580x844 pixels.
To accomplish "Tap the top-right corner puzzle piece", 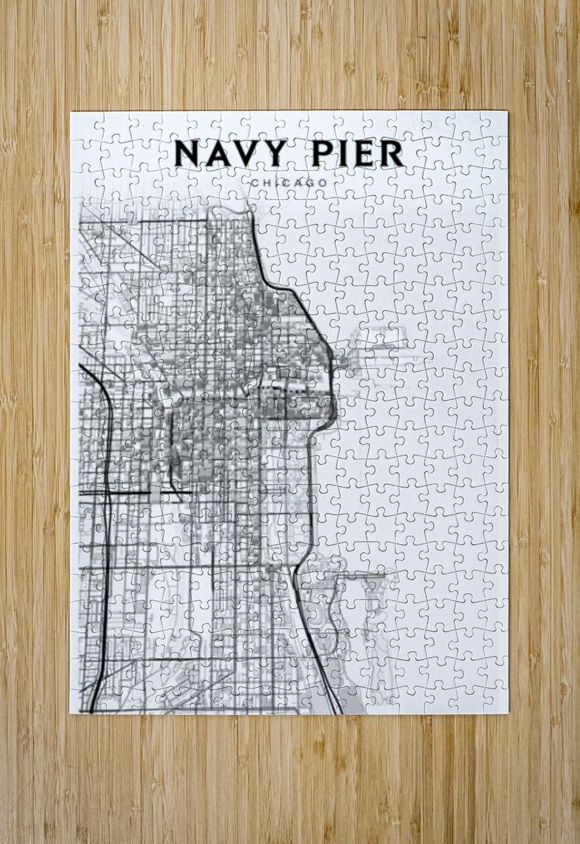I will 493,125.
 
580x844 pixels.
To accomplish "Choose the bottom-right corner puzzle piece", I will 493,699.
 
